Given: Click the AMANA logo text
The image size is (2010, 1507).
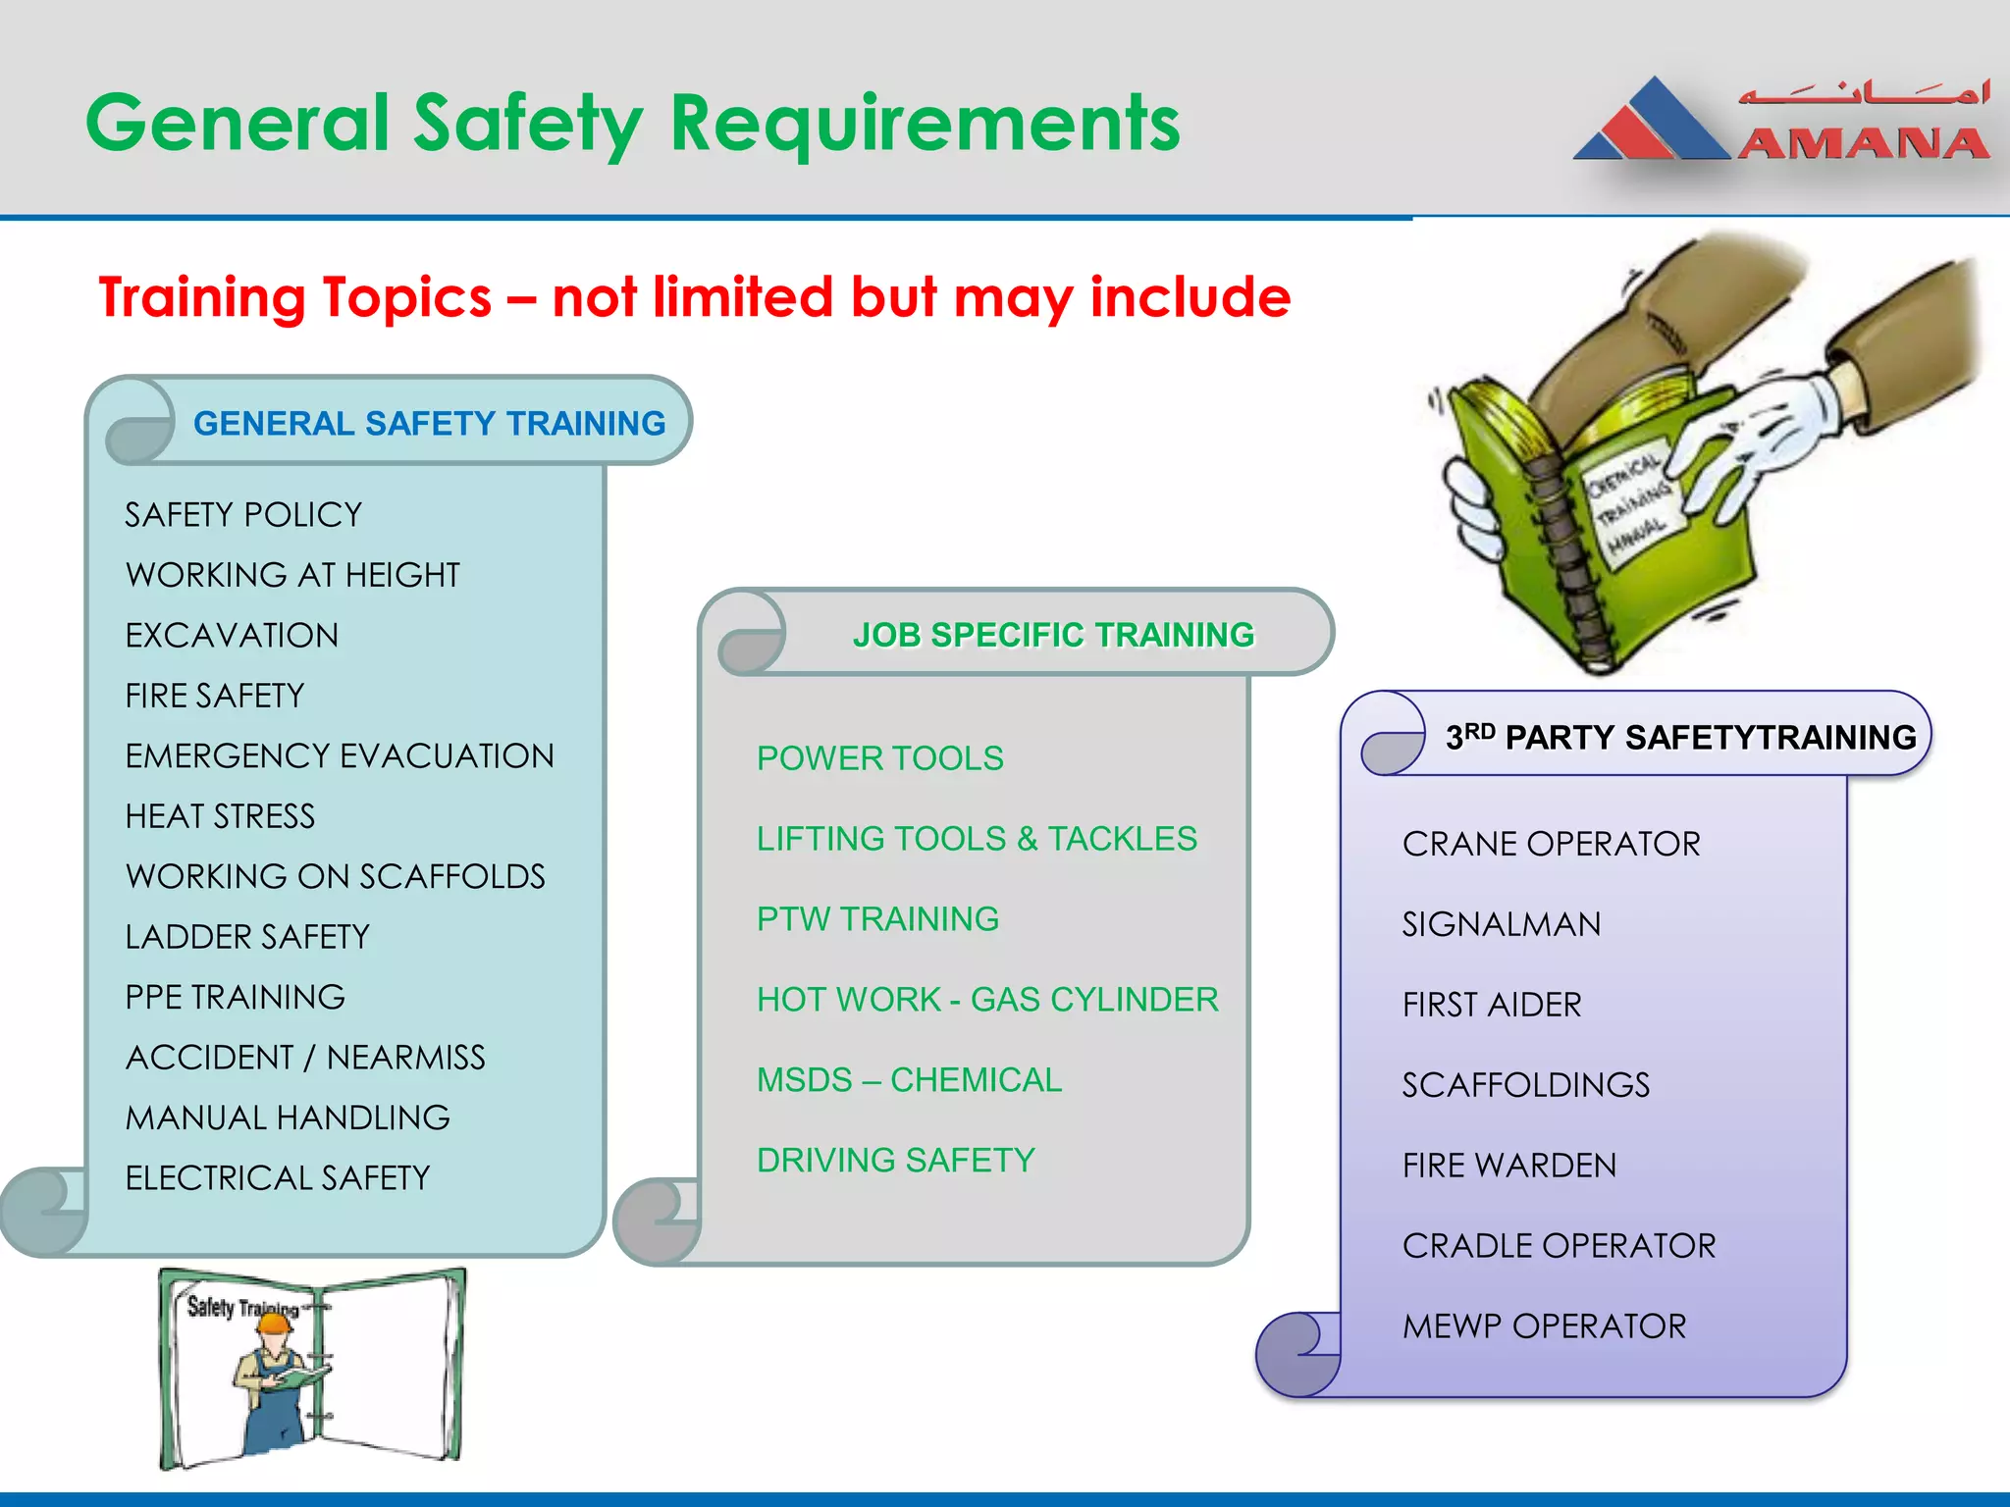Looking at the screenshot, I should pyautogui.click(x=1863, y=143).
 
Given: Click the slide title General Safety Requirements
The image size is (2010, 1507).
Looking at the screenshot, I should pyautogui.click(x=633, y=124).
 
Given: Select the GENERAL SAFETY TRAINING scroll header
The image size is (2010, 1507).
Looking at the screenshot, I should pyautogui.click(x=429, y=423).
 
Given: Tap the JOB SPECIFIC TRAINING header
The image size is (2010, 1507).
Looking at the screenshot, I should pyautogui.click(x=1053, y=635).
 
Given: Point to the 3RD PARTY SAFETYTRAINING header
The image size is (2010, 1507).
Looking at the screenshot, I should pyautogui.click(x=1680, y=737).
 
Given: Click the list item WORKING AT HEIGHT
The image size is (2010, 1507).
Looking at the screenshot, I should pyautogui.click(x=292, y=575).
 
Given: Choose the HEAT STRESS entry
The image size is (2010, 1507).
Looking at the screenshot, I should pyautogui.click(x=220, y=816).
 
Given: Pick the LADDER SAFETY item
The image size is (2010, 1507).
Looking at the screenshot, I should pyautogui.click(x=247, y=937).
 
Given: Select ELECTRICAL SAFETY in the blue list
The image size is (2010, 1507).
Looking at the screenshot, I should pyautogui.click(x=278, y=1177).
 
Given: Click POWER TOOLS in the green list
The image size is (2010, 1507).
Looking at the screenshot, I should pyautogui.click(x=879, y=758).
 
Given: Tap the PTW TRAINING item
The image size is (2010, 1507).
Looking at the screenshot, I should pyautogui.click(x=877, y=919).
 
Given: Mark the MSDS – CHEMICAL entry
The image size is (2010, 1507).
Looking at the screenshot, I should pyautogui.click(x=909, y=1080).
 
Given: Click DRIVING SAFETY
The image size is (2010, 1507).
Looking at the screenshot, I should pyautogui.click(x=895, y=1161).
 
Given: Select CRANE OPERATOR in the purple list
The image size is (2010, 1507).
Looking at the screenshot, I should pyautogui.click(x=1551, y=844).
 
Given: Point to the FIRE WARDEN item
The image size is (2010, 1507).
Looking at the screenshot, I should pyautogui.click(x=1508, y=1166).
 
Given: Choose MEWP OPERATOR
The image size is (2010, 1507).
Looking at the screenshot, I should pyautogui.click(x=1544, y=1326).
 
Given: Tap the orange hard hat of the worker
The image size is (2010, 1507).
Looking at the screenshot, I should pyautogui.click(x=274, y=1322).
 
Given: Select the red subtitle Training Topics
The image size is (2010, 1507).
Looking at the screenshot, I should pyautogui.click(x=694, y=297).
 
